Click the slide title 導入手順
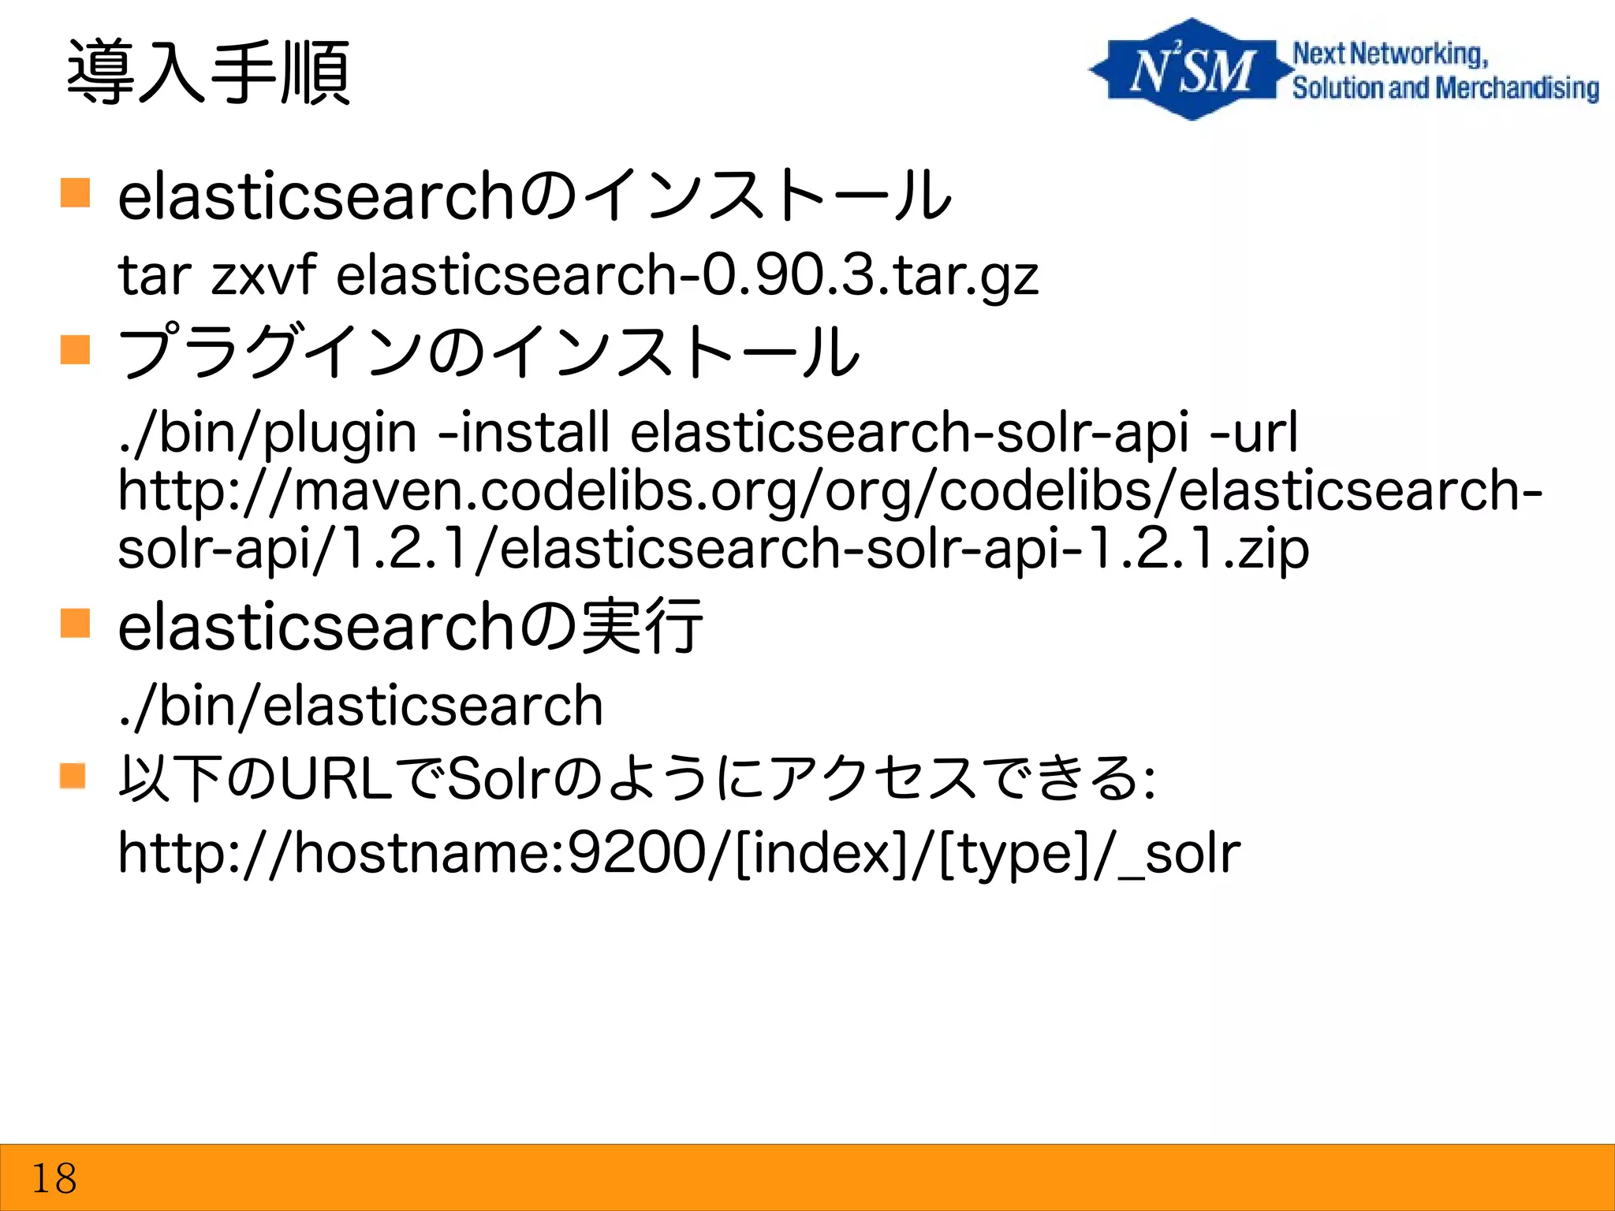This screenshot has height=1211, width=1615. coord(208,73)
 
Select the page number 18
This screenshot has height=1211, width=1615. coord(54,1179)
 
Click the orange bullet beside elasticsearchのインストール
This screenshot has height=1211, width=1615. coord(76,192)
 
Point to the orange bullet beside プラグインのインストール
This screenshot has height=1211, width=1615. coord(76,349)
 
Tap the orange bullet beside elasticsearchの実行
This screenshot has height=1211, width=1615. coord(76,623)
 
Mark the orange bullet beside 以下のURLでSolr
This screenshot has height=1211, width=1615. coord(73,776)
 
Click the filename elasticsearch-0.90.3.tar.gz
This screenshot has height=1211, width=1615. coord(687,276)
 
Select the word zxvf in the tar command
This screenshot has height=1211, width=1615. coord(263,276)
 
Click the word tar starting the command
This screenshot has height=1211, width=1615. coord(155,276)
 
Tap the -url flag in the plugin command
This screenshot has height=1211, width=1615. coord(1253,432)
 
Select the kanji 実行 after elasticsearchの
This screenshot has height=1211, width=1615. coord(640,627)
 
